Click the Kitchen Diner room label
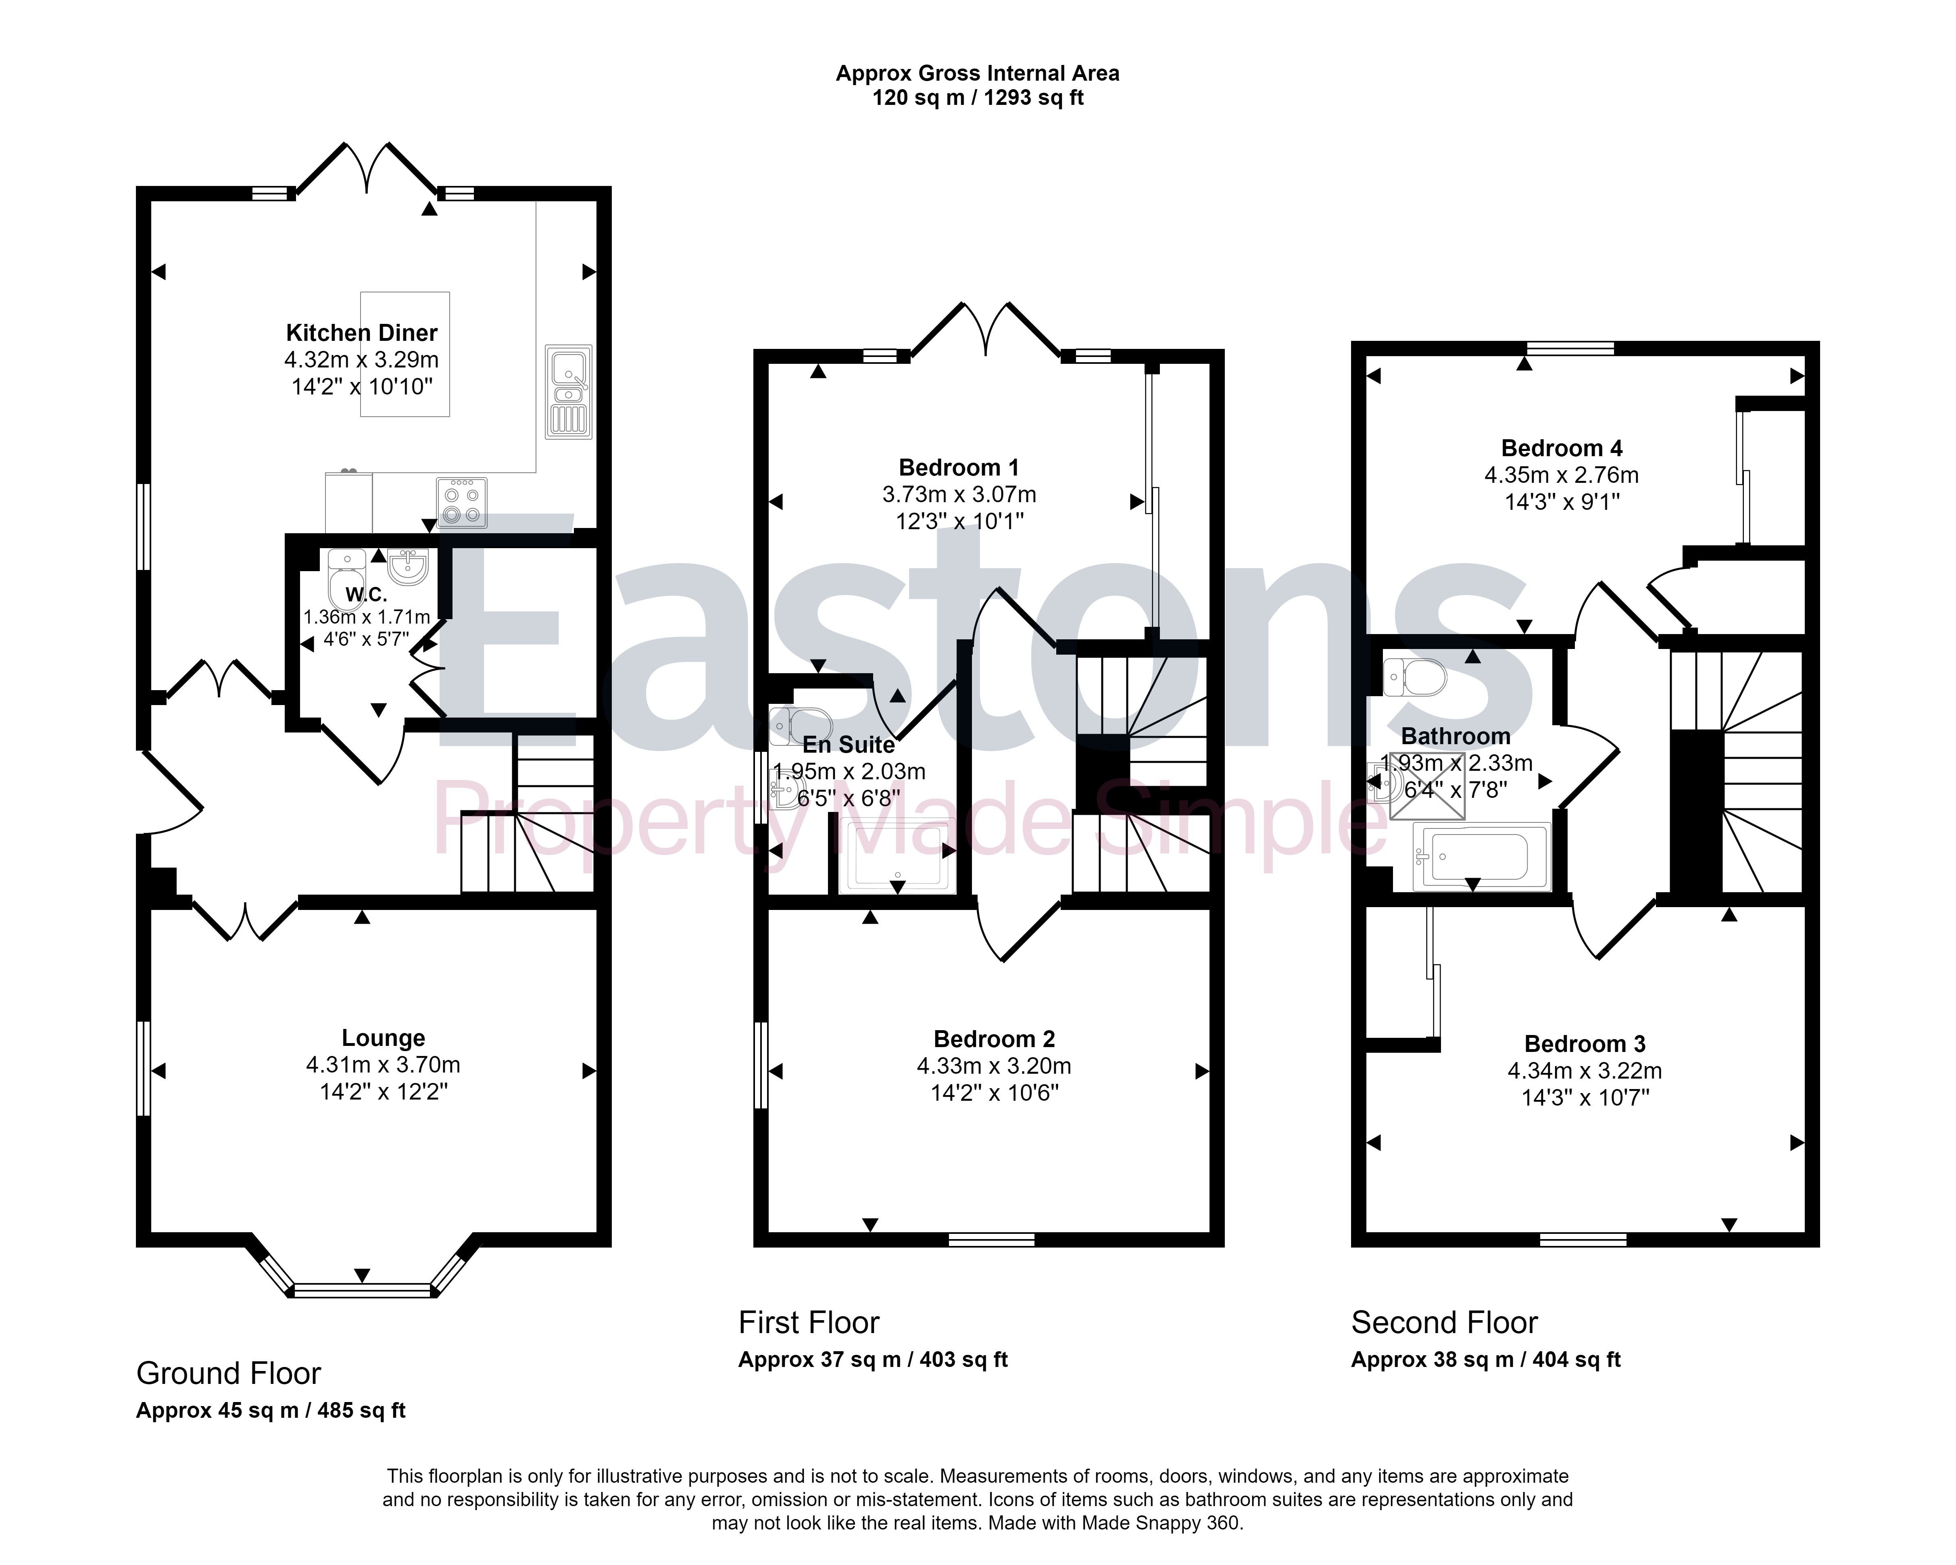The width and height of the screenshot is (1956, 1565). (x=362, y=333)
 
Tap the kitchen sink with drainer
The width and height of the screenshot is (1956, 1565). (x=569, y=392)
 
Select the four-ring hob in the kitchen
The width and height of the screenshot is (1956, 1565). (x=462, y=503)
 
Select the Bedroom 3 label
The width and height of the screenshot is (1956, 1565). (x=1585, y=1044)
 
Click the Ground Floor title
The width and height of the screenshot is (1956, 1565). (x=229, y=1373)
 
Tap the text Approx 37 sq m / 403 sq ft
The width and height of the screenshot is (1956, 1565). (x=873, y=1360)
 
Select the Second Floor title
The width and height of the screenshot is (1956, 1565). (x=1444, y=1323)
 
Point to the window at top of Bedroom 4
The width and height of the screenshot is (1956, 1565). (x=1570, y=347)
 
